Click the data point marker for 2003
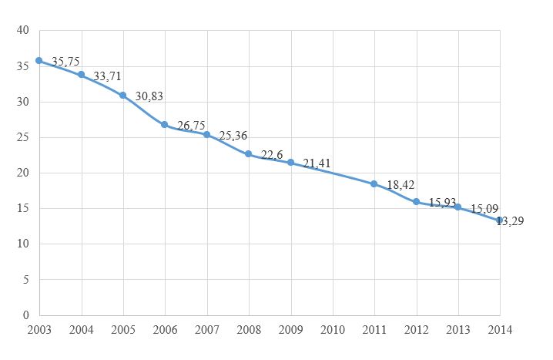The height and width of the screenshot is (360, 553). [x=39, y=60]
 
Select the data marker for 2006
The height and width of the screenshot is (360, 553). [x=164, y=124]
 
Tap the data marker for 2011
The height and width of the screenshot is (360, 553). [x=374, y=183]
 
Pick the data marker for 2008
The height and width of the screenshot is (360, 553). [x=248, y=154]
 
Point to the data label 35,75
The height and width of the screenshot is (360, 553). [x=65, y=62]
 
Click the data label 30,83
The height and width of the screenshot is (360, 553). [x=149, y=96]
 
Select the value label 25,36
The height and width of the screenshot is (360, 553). [x=233, y=136]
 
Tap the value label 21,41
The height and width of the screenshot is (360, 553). [x=317, y=163]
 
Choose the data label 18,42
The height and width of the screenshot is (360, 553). [x=401, y=185]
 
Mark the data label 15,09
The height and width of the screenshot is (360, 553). [x=484, y=208]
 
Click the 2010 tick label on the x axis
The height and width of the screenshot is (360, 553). [x=332, y=330]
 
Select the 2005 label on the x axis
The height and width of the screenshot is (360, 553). [x=122, y=330]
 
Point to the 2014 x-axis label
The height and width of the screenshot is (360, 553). [x=500, y=330]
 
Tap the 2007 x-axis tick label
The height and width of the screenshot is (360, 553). [x=206, y=330]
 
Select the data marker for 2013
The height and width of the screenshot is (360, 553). [x=457, y=207]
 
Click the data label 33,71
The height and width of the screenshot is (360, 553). [x=107, y=76]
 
